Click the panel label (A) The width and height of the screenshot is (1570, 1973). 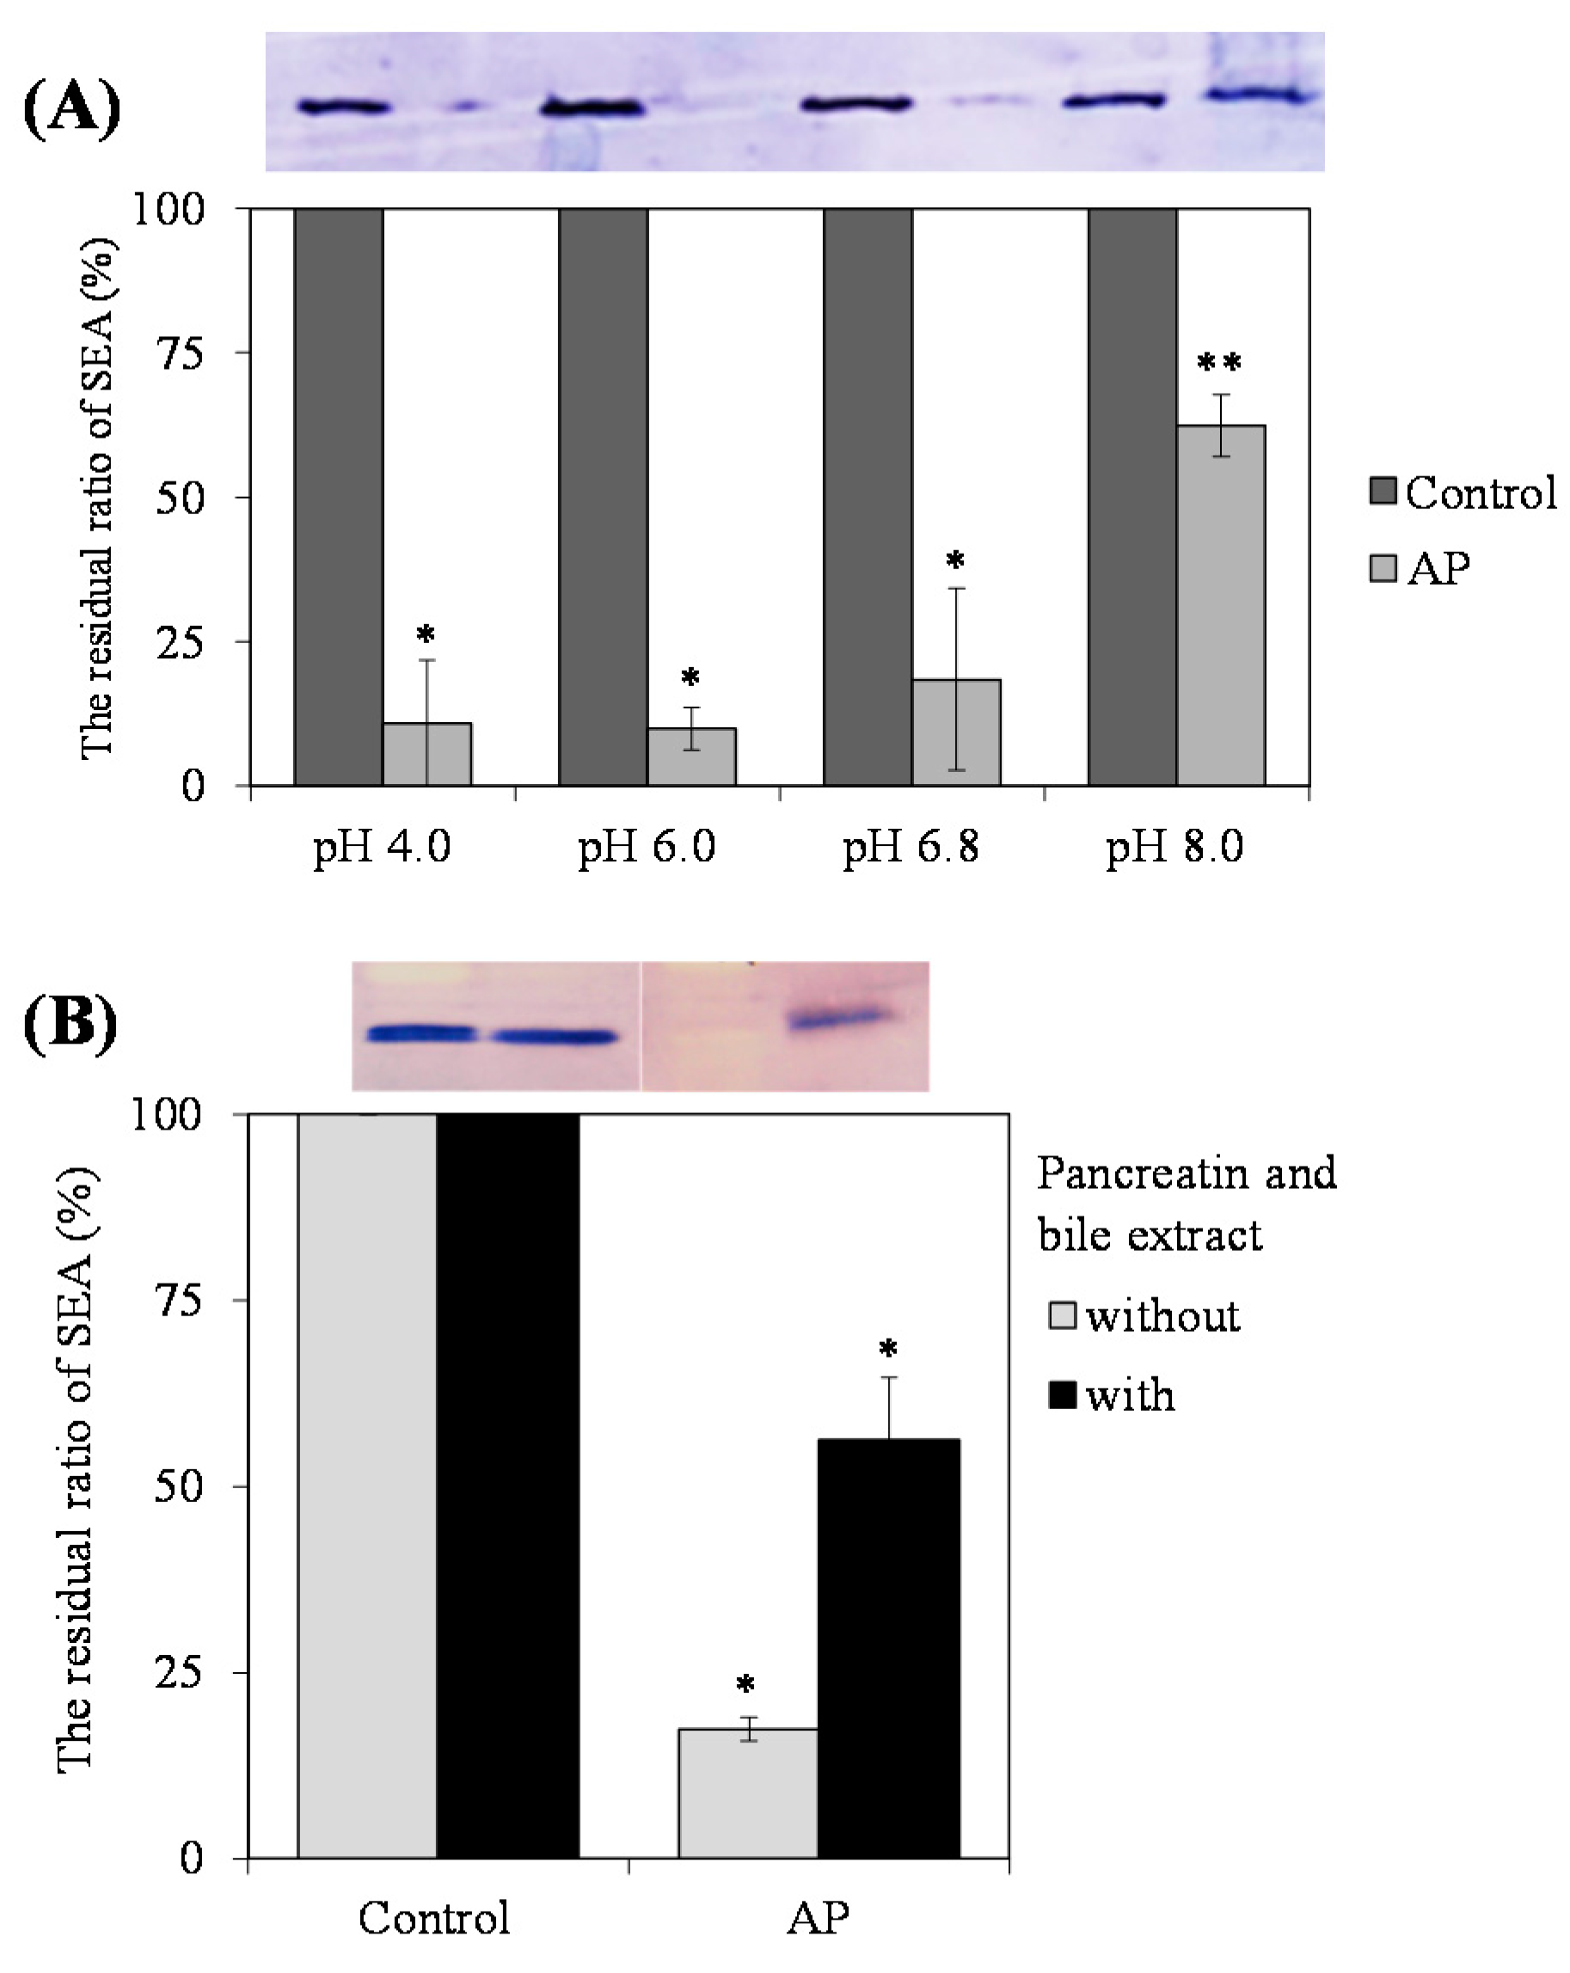tap(71, 108)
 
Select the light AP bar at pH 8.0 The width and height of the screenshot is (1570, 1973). tap(1220, 605)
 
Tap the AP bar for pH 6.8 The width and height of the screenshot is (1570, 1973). tap(956, 732)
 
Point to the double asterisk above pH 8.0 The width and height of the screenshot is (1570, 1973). tap(1218, 364)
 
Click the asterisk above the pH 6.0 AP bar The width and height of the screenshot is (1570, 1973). tap(690, 678)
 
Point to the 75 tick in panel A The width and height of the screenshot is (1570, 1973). tap(181, 353)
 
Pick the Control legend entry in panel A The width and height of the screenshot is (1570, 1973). tap(1462, 493)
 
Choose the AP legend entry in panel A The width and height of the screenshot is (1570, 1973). tap(1420, 567)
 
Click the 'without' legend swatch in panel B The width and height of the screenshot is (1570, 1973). tap(1062, 1316)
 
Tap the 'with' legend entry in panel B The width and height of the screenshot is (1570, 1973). tap(1112, 1395)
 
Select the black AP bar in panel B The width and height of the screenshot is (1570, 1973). tap(888, 1648)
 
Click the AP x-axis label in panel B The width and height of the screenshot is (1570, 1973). tap(818, 1918)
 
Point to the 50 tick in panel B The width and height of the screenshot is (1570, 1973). tap(179, 1486)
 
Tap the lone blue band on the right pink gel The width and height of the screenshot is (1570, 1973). tap(838, 1018)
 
